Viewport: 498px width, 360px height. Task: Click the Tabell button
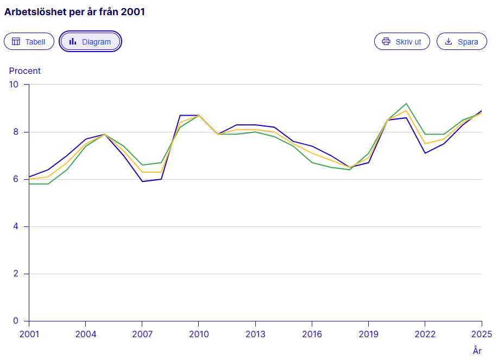(29, 41)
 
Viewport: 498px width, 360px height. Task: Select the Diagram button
(90, 41)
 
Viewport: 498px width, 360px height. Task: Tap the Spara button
(462, 41)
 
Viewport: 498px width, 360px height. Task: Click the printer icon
(386, 41)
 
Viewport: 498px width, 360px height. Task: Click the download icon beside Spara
(449, 41)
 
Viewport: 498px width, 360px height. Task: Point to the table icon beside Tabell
(16, 41)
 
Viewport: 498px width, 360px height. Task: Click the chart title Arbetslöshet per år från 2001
(74, 12)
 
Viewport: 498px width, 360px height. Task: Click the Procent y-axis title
(25, 71)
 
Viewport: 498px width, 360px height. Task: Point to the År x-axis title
(477, 350)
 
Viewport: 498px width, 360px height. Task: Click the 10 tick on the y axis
(14, 85)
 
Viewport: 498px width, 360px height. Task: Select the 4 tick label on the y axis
(16, 226)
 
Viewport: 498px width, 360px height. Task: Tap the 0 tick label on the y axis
(16, 321)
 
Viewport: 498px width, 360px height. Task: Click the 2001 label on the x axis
(29, 334)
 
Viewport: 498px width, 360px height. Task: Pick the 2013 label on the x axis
(255, 334)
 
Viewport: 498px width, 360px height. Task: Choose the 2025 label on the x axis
(482, 334)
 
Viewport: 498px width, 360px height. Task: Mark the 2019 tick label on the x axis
(368, 334)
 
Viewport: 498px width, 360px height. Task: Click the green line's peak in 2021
(406, 104)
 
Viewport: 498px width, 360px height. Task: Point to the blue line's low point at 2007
(142, 181)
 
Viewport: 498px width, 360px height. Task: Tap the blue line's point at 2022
(425, 153)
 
